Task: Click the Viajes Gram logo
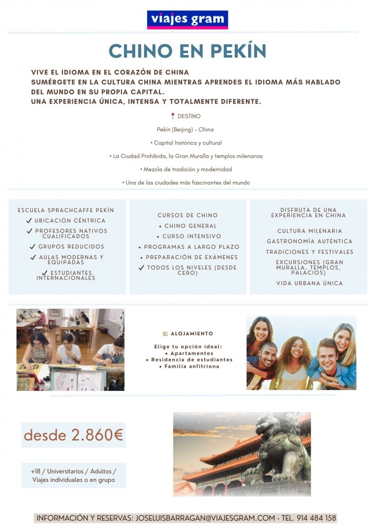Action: click(x=187, y=20)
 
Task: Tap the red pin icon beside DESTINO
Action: click(x=173, y=117)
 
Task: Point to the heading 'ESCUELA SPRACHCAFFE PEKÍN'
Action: click(x=65, y=210)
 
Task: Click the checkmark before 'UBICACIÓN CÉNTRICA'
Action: click(x=29, y=221)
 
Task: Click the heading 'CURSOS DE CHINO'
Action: click(x=188, y=215)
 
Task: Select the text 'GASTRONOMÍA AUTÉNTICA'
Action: click(x=310, y=241)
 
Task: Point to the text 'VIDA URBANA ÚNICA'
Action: click(x=310, y=283)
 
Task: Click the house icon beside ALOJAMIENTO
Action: click(x=165, y=334)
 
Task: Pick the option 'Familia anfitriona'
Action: click(x=189, y=366)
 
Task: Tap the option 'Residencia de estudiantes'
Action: click(x=189, y=360)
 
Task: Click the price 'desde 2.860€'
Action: click(x=73, y=435)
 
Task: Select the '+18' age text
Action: click(x=35, y=471)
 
